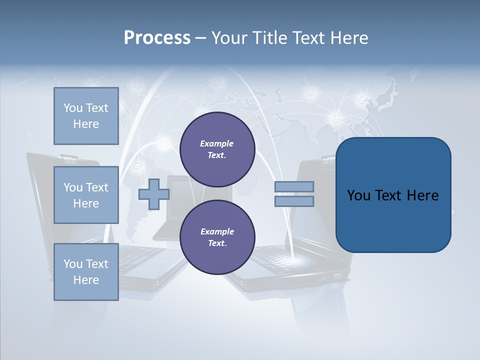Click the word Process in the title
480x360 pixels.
(157, 38)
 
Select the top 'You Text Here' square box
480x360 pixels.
(86, 116)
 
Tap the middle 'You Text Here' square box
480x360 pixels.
(86, 195)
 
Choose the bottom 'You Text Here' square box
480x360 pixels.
(86, 272)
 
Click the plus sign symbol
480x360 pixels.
(153, 194)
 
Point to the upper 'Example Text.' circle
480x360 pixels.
(217, 149)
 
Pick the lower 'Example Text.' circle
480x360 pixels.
(217, 237)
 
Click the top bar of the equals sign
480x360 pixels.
(294, 186)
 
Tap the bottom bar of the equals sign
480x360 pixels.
(294, 201)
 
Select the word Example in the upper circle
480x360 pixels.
(217, 143)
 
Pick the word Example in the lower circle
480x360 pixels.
(217, 231)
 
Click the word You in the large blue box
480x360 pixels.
(358, 195)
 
